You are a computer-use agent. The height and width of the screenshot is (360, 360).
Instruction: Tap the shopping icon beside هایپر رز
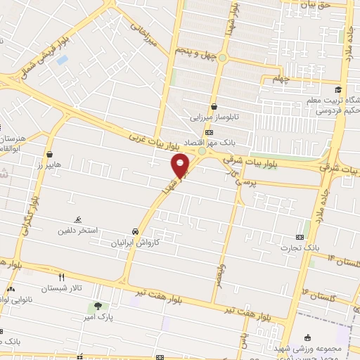[x=49, y=153]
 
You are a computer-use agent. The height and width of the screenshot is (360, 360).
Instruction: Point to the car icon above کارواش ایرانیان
[x=134, y=231]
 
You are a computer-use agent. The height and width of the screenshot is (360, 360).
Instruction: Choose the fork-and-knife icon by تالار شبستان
[x=61, y=277]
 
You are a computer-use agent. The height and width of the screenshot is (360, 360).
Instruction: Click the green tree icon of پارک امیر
[x=98, y=306]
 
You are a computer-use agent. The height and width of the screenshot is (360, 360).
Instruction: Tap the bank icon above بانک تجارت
[x=300, y=237]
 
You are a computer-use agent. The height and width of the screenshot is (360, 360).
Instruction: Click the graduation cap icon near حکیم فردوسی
[x=338, y=89]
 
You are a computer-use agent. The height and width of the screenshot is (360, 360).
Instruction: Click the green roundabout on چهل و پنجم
[x=222, y=58]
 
